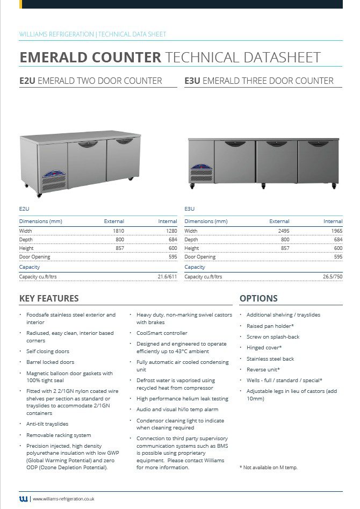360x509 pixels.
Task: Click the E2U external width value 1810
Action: click(x=116, y=231)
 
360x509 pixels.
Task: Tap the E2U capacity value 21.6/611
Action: click(x=167, y=277)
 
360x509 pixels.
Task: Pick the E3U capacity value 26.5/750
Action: click(x=332, y=277)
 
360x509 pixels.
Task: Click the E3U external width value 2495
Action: click(x=281, y=231)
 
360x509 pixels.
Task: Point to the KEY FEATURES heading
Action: click(x=49, y=298)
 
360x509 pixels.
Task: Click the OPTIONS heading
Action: click(x=258, y=298)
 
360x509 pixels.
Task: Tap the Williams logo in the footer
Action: click(x=24, y=499)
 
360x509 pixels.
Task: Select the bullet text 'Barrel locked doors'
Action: click(x=51, y=362)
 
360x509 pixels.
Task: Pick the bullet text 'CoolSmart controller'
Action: click(x=162, y=333)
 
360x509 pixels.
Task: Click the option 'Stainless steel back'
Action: click(x=270, y=359)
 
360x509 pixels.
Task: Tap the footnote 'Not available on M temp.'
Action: click(x=269, y=468)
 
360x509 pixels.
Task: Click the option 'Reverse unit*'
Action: click(x=263, y=370)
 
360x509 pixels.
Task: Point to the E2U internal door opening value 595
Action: click(x=172, y=257)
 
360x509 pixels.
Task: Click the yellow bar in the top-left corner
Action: click(x=20, y=4)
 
